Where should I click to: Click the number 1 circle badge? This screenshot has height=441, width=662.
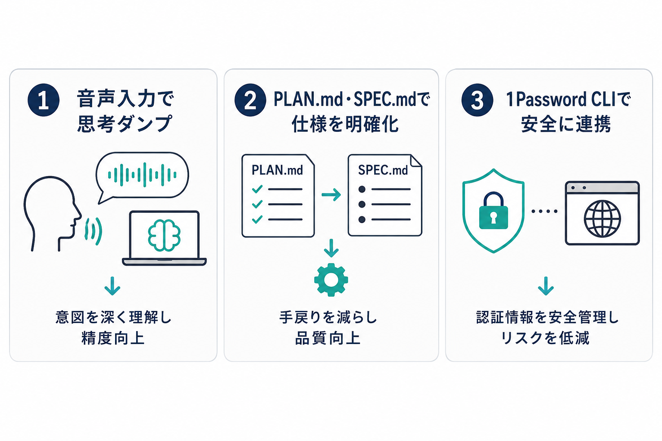pyautogui.click(x=44, y=100)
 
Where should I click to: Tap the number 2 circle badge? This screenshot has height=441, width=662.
pyautogui.click(x=250, y=100)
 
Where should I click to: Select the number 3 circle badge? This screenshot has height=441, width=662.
pyautogui.click(x=477, y=100)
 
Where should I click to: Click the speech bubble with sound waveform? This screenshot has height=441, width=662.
pyautogui.click(x=142, y=176)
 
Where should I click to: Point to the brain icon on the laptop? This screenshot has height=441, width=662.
pyautogui.click(x=164, y=235)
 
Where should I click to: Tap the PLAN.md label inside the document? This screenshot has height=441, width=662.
pyautogui.click(x=277, y=170)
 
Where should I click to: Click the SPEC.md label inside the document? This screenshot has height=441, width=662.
pyautogui.click(x=383, y=170)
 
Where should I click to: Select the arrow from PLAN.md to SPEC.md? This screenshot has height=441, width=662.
pyautogui.click(x=331, y=195)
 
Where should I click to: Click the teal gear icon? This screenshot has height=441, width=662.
pyautogui.click(x=331, y=280)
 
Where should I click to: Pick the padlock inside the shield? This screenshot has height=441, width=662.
pyautogui.click(x=493, y=210)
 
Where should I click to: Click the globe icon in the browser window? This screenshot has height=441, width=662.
pyautogui.click(x=602, y=219)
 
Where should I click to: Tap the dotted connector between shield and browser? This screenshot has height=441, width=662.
pyautogui.click(x=544, y=211)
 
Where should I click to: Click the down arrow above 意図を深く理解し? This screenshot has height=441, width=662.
pyautogui.click(x=112, y=286)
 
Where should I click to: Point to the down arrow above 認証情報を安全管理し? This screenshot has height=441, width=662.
pyautogui.click(x=546, y=286)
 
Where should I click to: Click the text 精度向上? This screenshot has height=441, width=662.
pyautogui.click(x=113, y=338)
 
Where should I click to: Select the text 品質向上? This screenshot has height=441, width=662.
pyautogui.click(x=328, y=338)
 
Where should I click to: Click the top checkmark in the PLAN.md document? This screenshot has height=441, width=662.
pyautogui.click(x=257, y=189)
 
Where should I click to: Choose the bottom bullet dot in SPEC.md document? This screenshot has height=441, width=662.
pyautogui.click(x=362, y=220)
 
